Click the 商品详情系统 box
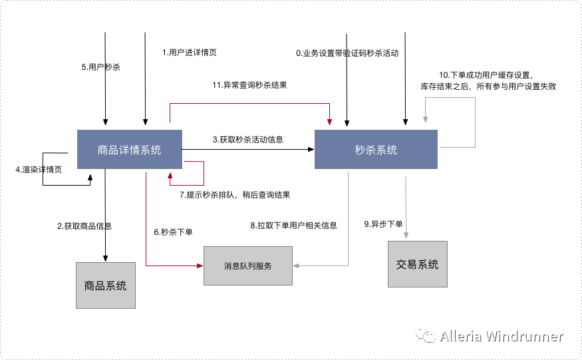pos(129,150)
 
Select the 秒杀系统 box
pos(376,150)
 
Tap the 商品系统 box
pos(105,285)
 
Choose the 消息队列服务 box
pos(247,266)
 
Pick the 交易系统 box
pos(417,264)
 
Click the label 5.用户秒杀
pos(100,67)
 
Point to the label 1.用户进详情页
pos(190,53)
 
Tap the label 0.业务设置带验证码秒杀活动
pos(347,53)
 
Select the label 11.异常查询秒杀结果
pos(249,85)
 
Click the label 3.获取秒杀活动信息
pos(248,140)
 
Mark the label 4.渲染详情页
pos(39,170)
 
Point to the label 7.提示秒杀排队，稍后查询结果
pos(235,195)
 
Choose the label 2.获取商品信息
pos(84,226)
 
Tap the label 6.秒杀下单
pos(173,232)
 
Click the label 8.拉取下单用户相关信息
pos(293,226)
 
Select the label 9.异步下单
pos(384,224)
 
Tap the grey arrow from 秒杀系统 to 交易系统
pos(406,206)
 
